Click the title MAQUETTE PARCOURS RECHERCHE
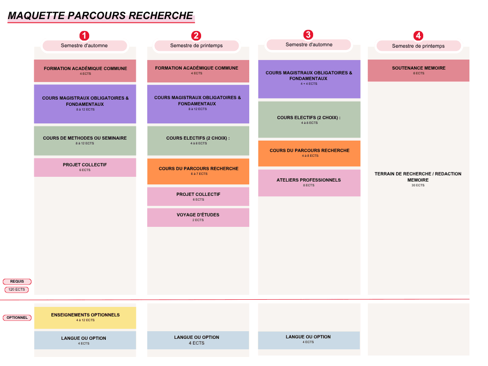[x=101, y=16]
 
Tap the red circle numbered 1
[x=84, y=36]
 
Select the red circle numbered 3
[x=308, y=34]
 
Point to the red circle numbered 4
[x=418, y=36]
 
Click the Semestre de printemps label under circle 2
[x=196, y=46]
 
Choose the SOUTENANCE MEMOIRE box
[x=418, y=71]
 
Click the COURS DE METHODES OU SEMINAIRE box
[x=85, y=141]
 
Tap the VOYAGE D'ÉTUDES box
[x=198, y=217]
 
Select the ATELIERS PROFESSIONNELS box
[x=309, y=183]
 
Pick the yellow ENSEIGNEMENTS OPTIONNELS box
[x=85, y=317]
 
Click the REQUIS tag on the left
[x=17, y=282]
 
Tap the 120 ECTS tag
[x=17, y=289]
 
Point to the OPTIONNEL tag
[x=17, y=317]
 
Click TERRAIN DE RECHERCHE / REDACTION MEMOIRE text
[x=418, y=177]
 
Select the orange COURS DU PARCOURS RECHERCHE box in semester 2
[x=198, y=171]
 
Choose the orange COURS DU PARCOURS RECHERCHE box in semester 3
[x=309, y=153]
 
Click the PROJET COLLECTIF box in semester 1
[x=85, y=167]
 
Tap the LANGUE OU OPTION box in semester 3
[x=309, y=340]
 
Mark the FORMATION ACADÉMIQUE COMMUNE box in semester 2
[x=198, y=71]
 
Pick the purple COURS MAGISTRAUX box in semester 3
[x=309, y=79]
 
